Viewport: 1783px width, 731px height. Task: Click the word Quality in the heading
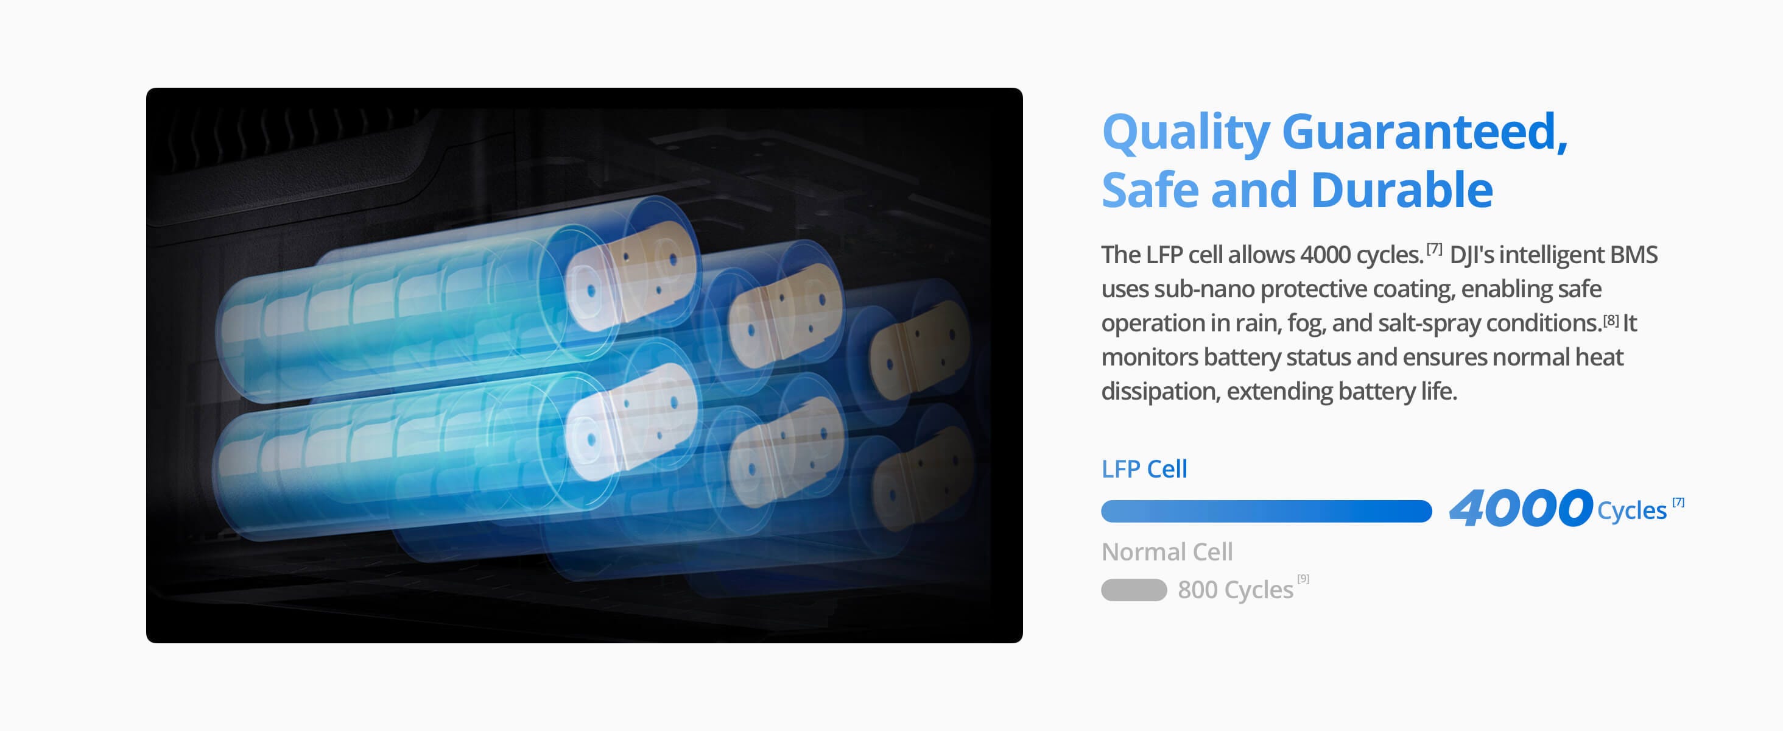click(x=1186, y=133)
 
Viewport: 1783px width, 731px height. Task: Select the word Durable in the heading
click(x=1402, y=189)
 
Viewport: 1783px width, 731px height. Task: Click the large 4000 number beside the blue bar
click(x=1521, y=509)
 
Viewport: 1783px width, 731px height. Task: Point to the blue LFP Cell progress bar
click(x=1266, y=511)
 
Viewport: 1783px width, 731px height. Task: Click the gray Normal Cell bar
click(x=1134, y=590)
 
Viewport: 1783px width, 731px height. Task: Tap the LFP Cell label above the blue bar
click(x=1144, y=469)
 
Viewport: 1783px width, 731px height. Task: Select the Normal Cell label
click(x=1167, y=552)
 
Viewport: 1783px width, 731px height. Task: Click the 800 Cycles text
click(x=1236, y=590)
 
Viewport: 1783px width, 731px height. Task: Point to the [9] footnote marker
click(x=1303, y=579)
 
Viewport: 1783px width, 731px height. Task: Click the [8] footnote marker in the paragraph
click(x=1611, y=320)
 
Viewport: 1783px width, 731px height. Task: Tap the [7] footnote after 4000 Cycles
click(x=1678, y=503)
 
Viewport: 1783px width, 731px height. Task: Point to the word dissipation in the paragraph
click(x=1160, y=391)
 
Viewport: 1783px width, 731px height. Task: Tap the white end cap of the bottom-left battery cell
click(x=592, y=440)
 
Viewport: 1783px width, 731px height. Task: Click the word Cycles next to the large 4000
click(x=1631, y=511)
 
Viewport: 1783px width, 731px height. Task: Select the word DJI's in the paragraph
click(x=1472, y=255)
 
